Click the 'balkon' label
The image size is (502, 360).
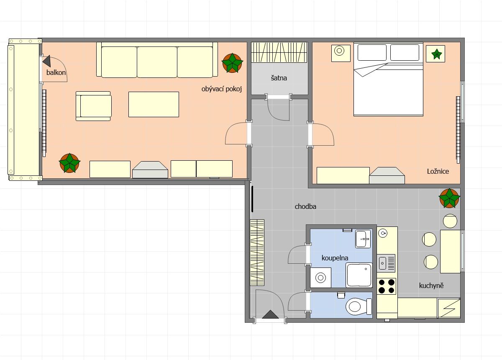tap(56, 72)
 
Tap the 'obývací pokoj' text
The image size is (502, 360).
tap(221, 89)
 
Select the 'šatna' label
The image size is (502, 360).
tap(279, 78)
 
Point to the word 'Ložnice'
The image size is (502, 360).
tap(438, 171)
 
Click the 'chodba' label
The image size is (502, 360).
tap(305, 206)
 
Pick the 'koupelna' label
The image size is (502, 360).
tap(335, 258)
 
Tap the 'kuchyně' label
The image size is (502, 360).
tap(431, 285)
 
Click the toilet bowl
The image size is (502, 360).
tap(359, 306)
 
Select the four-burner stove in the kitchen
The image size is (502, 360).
tap(387, 286)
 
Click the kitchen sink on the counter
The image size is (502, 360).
tap(386, 263)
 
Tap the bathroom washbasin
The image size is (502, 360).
tap(363, 239)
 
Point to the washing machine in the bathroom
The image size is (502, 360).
tap(321, 278)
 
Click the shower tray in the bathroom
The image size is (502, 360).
tap(359, 275)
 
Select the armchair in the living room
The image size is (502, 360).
tap(93, 106)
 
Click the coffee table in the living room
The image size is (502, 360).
tap(154, 104)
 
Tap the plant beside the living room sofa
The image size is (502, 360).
tap(233, 63)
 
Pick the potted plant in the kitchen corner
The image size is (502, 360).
tap(449, 198)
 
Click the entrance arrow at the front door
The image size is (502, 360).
tap(270, 314)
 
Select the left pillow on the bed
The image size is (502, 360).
tap(372, 52)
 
